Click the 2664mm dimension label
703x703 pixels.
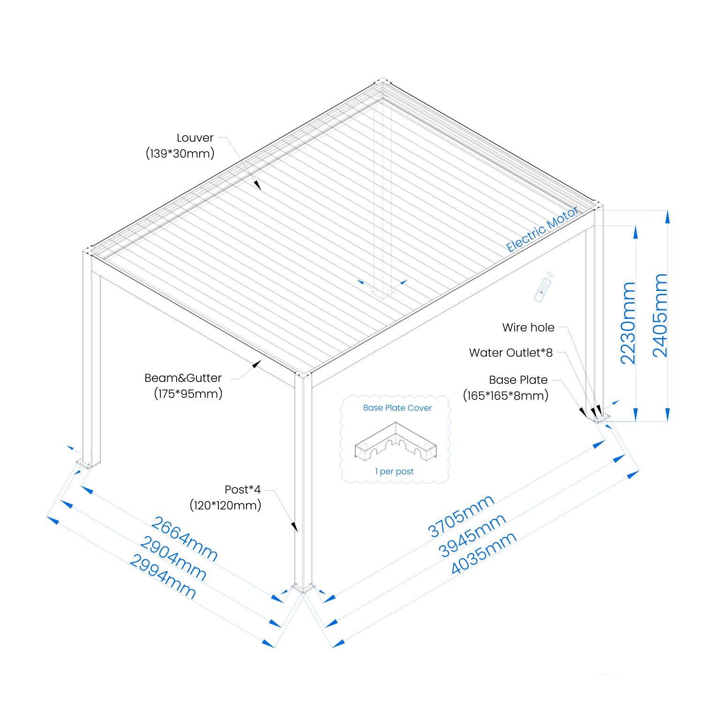click(184, 539)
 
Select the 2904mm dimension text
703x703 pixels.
click(173, 559)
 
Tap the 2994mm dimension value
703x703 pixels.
click(162, 576)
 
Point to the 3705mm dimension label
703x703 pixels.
click(461, 516)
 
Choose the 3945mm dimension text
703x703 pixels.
click(472, 535)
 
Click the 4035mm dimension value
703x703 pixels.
click(483, 553)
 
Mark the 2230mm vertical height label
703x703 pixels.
click(628, 323)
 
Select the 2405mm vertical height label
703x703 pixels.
click(660, 315)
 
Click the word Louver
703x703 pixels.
click(195, 138)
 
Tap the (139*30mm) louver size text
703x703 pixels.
click(180, 153)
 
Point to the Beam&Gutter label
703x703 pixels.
click(183, 378)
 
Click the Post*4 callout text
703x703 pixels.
click(243, 489)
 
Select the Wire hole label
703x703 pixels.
click(528, 328)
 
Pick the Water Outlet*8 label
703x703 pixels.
click(511, 352)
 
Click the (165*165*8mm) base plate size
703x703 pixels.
click(506, 396)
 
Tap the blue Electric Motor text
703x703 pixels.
click(542, 230)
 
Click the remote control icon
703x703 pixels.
click(544, 288)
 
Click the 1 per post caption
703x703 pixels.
click(394, 471)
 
